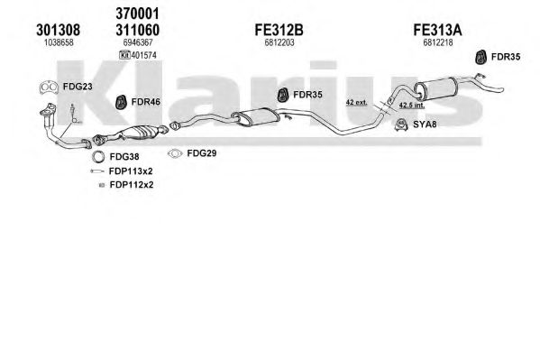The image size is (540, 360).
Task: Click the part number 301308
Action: [x=59, y=30]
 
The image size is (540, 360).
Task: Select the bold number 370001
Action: [x=137, y=14]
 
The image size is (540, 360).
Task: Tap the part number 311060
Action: [x=137, y=30]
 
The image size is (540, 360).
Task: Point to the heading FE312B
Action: [x=279, y=30]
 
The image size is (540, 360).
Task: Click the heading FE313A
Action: [x=437, y=30]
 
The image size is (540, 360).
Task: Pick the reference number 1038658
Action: [x=59, y=42]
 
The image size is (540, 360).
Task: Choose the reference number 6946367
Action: [x=138, y=42]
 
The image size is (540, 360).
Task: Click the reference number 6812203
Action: [x=279, y=42]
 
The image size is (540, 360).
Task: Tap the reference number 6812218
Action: [x=438, y=42]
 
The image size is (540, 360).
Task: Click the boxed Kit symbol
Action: [x=124, y=55]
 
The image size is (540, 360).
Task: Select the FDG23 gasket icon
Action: [x=49, y=88]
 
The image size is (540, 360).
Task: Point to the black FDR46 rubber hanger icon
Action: [x=121, y=102]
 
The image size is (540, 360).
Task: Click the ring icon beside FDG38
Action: [x=98, y=157]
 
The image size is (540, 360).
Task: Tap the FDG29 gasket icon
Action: [x=175, y=153]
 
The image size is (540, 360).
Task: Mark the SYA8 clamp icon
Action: [x=401, y=125]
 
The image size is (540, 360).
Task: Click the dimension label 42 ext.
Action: [x=356, y=103]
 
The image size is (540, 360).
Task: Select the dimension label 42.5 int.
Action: [x=412, y=105]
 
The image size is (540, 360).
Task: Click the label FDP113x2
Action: [x=131, y=171]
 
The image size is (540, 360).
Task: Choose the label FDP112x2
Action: [x=132, y=185]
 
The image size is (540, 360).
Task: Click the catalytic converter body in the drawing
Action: [x=138, y=133]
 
